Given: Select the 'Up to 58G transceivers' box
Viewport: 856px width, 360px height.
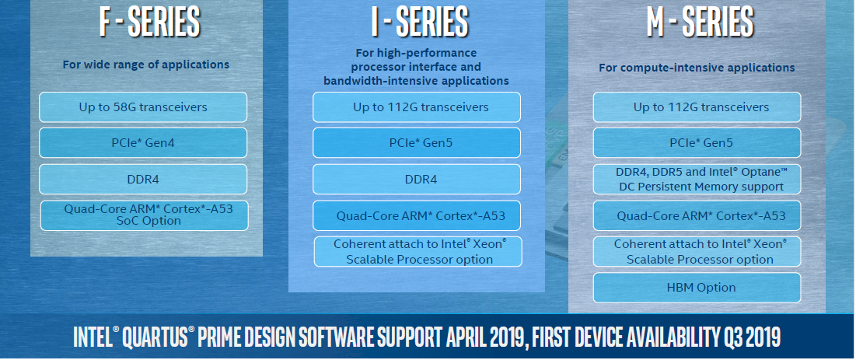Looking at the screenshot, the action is [143, 107].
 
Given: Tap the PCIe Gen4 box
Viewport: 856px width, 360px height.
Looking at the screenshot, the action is [143, 143].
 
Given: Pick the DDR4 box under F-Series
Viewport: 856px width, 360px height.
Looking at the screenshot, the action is [143, 179].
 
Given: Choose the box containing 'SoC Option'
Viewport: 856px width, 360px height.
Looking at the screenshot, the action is [144, 215].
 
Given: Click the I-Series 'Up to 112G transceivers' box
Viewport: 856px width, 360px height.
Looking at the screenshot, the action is [417, 107].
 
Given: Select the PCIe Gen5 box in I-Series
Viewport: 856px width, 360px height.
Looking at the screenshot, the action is [417, 143].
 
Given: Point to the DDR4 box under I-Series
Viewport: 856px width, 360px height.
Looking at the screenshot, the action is [417, 179].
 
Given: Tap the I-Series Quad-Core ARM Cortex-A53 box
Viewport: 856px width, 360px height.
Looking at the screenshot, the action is [417, 215].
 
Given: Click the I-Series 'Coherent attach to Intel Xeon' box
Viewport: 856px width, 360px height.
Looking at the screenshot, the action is [418, 251].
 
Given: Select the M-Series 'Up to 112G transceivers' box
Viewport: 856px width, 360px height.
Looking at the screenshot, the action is [697, 107].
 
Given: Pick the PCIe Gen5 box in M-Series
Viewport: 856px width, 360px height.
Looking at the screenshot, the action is [697, 143].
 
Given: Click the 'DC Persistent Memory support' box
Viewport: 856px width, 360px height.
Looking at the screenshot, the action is [697, 179].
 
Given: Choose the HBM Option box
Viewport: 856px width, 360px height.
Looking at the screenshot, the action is [697, 288].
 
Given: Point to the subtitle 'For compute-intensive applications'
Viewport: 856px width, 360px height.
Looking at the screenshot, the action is [697, 68].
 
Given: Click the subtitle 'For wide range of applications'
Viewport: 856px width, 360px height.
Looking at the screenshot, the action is [145, 65].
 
